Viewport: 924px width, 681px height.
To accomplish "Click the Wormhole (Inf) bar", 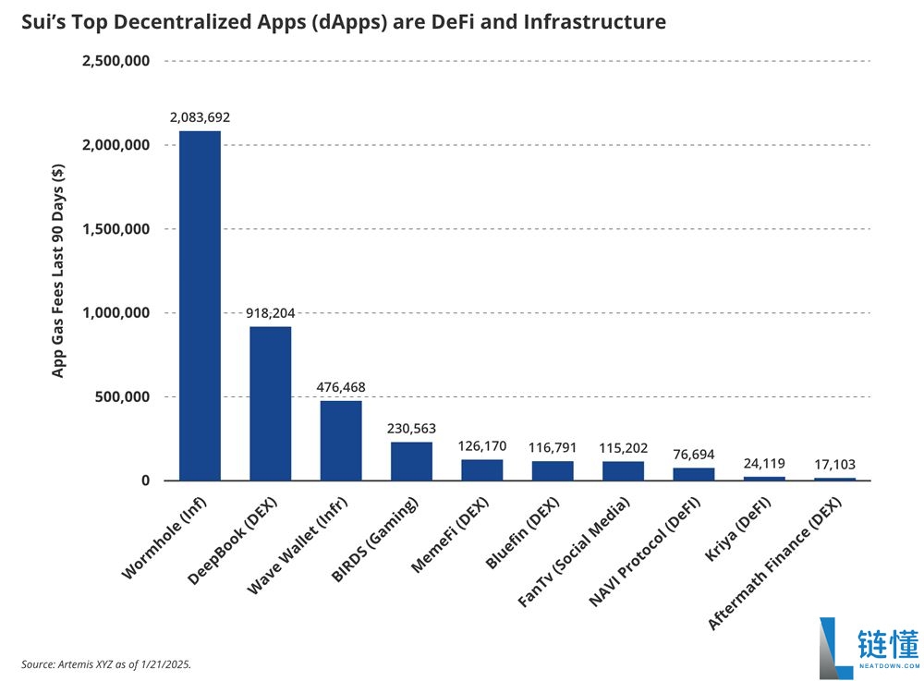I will coord(200,305).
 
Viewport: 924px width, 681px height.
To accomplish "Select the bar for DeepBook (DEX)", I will coord(270,403).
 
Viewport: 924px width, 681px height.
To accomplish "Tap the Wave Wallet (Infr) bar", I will coord(341,440).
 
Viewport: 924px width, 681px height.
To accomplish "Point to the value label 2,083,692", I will coord(200,118).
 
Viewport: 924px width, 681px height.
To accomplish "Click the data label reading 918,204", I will coord(270,313).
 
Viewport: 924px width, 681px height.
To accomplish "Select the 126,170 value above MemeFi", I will coord(482,446).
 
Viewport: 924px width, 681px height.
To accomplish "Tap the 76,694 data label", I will coord(693,455).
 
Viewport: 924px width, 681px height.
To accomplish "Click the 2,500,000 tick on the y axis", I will coord(116,61).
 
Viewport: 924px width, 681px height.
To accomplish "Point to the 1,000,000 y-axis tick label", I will coord(116,313).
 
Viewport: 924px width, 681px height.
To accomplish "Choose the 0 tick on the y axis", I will coord(145,480).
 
